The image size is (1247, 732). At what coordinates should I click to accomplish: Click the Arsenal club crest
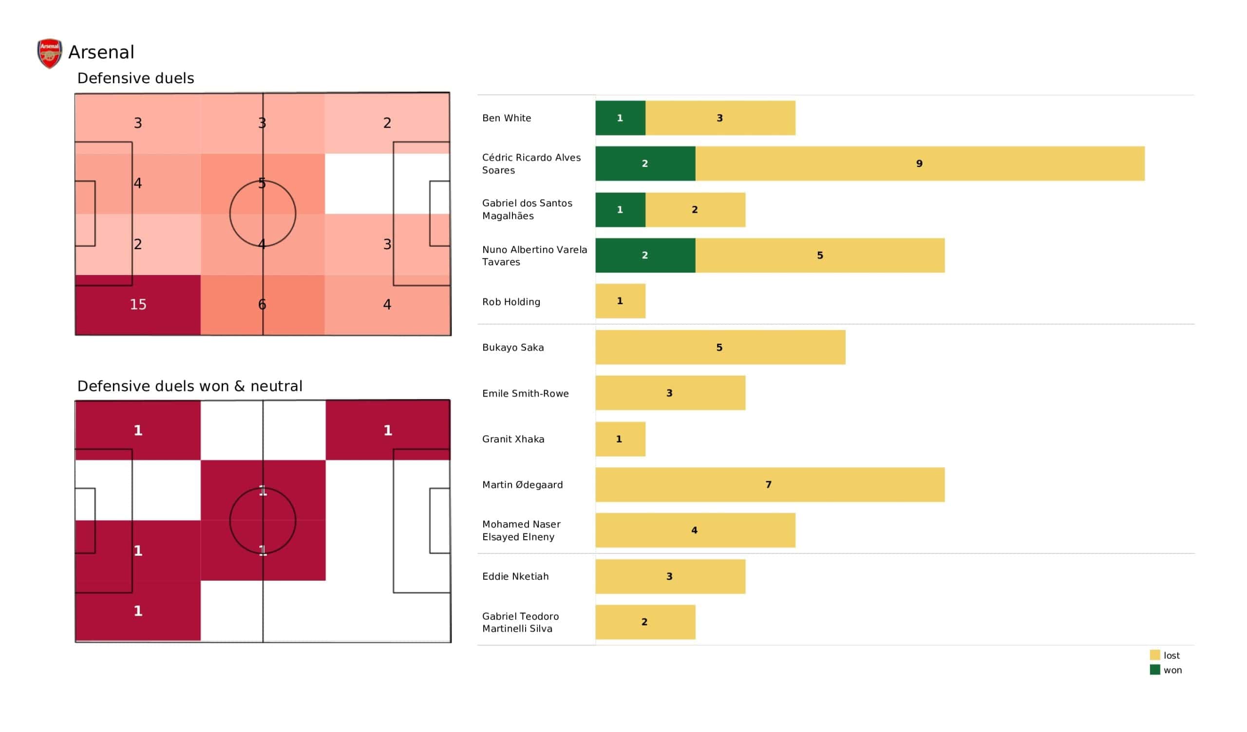pos(50,53)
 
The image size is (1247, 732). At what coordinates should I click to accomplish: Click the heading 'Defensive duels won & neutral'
pos(189,386)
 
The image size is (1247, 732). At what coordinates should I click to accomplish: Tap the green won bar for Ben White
pos(620,118)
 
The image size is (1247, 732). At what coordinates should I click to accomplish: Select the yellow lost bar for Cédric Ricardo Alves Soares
pos(919,164)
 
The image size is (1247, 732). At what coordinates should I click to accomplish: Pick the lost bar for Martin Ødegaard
pos(770,485)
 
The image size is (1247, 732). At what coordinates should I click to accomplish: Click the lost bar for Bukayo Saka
pos(720,348)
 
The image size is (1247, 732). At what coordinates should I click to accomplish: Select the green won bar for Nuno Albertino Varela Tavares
pos(645,256)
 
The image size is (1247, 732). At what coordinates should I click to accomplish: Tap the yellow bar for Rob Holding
pos(620,301)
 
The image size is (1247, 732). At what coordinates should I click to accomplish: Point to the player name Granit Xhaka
pos(513,439)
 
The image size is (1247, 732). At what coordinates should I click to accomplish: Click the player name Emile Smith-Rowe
pos(526,394)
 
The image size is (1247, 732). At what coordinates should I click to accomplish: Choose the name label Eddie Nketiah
pos(515,577)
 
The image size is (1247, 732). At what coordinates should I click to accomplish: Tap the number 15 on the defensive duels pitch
pos(138,305)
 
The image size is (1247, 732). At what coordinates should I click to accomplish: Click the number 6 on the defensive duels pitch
pos(262,305)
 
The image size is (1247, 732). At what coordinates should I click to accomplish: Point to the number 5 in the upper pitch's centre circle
pos(262,183)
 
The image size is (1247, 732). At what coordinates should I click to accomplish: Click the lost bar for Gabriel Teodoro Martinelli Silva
pos(645,622)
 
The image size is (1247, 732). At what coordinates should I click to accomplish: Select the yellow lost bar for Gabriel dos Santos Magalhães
pos(695,210)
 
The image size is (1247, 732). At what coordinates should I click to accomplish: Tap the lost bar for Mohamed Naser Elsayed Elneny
pos(695,531)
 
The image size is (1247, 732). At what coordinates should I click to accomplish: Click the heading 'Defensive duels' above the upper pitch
pos(135,78)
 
